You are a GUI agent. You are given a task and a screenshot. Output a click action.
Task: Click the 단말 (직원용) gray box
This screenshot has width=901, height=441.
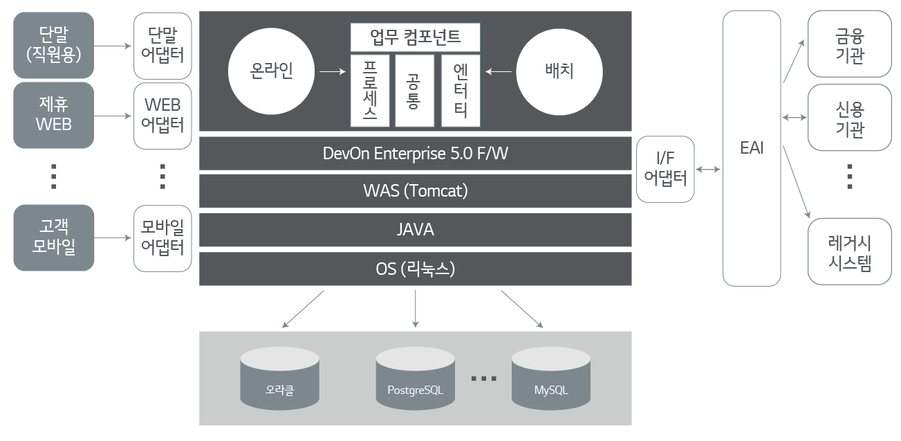[53, 44]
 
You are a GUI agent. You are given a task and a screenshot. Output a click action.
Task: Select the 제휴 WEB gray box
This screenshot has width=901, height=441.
[53, 115]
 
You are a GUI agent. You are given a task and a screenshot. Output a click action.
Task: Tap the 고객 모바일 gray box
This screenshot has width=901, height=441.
[53, 237]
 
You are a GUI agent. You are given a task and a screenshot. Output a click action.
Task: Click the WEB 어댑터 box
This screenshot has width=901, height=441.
[162, 115]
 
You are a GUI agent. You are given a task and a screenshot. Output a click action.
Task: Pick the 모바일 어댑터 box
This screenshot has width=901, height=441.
[162, 237]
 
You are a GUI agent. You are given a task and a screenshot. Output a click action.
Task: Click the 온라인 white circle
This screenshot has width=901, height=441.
[272, 71]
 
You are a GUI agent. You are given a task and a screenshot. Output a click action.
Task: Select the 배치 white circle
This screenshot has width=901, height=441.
[559, 71]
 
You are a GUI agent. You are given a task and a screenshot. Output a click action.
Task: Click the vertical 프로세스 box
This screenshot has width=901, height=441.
[370, 91]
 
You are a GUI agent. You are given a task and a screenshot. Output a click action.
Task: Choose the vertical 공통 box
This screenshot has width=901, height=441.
[414, 91]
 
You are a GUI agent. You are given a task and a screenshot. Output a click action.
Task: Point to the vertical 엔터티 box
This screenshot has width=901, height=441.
[461, 91]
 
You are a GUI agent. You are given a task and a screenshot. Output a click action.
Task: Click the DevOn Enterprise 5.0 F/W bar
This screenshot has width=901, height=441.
[415, 153]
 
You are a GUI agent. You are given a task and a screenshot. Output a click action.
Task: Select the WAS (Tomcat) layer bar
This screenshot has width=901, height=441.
[415, 190]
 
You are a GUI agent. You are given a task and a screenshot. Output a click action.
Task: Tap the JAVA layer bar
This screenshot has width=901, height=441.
[415, 230]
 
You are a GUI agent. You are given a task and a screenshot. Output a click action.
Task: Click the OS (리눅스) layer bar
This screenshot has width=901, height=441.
[415, 269]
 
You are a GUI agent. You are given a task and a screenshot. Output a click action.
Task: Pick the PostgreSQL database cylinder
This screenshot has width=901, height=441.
[415, 379]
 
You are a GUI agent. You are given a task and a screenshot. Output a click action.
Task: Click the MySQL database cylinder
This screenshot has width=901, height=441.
[550, 379]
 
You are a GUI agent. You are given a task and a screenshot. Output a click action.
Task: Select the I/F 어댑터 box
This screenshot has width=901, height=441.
[665, 169]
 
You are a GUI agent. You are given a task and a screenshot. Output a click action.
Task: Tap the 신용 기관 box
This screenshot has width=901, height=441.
[849, 118]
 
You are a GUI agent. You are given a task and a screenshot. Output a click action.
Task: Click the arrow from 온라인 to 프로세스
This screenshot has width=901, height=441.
[333, 71]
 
